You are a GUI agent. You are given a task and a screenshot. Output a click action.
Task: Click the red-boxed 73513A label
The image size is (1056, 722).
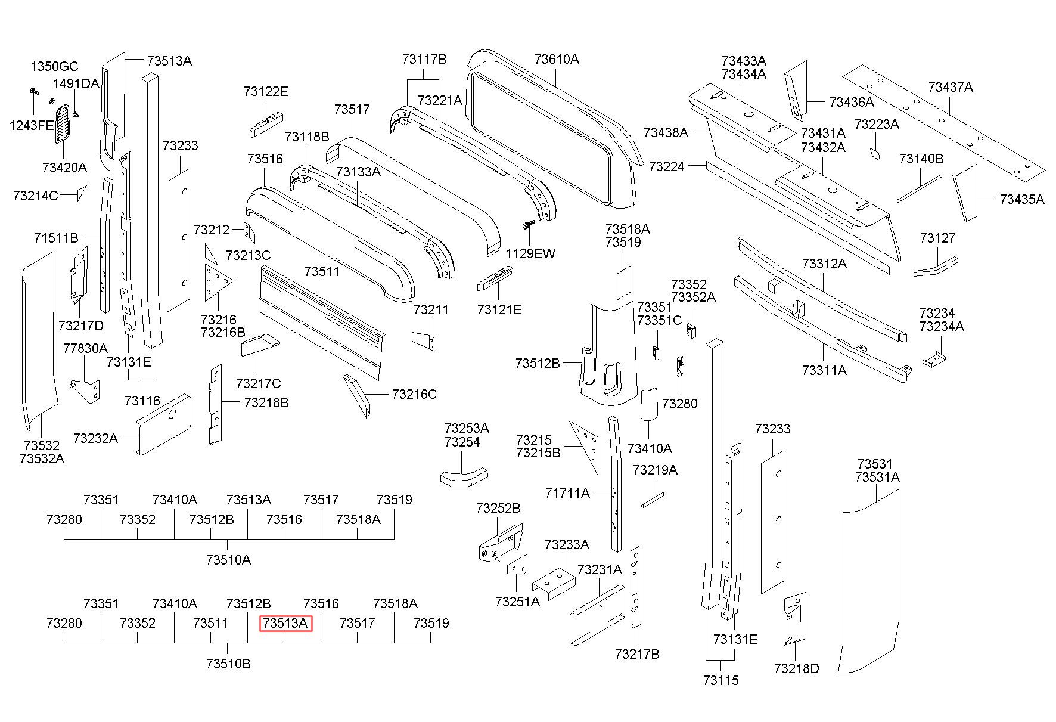tap(286, 623)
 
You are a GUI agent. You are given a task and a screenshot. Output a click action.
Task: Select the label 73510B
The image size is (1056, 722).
tap(228, 664)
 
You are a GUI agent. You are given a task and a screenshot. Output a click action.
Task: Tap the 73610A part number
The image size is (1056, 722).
tap(557, 59)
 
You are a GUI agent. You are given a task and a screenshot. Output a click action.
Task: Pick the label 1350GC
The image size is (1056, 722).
tap(54, 66)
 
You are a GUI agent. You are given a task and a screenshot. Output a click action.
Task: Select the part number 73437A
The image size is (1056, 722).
tap(951, 87)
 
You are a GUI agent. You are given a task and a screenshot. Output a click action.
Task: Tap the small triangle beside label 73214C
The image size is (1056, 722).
tap(81, 193)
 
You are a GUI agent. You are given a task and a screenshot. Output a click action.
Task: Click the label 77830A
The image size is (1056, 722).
tap(85, 348)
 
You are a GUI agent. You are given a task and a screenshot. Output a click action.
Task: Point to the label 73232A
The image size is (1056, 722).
tap(95, 438)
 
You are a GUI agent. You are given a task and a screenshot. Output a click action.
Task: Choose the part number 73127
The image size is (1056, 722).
tap(937, 238)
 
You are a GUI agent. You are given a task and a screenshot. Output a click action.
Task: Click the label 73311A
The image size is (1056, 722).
tap(824, 370)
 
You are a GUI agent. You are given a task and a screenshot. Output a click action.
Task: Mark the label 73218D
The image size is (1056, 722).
tap(797, 668)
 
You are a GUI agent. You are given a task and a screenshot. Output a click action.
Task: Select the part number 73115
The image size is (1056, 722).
tap(720, 680)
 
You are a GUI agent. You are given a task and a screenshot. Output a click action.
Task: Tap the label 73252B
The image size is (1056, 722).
tap(498, 508)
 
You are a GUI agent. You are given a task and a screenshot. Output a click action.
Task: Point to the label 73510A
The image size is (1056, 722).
tap(228, 560)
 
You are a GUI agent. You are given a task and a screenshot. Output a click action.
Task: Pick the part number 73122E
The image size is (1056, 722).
tap(266, 91)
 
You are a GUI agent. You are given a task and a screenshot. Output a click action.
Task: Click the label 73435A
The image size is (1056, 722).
tap(1022, 199)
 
